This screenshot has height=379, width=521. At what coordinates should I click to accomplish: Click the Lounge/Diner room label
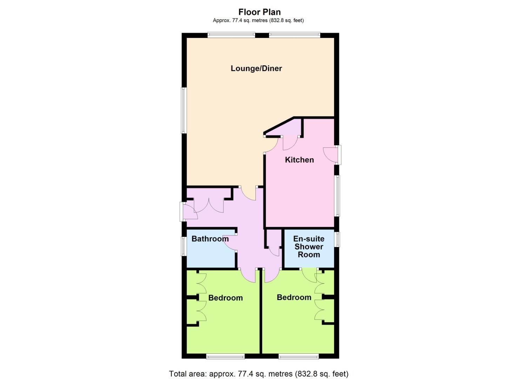coord(256,68)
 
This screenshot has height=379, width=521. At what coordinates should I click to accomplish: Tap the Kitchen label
coord(299,160)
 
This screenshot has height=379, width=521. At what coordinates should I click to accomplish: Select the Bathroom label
coord(210,239)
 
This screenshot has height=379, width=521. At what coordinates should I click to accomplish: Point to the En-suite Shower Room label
coord(309,247)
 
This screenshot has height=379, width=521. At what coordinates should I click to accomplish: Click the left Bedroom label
coord(225,298)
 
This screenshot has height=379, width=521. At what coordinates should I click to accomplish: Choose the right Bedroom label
coord(294,298)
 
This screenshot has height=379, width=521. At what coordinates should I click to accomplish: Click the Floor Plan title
coord(260,12)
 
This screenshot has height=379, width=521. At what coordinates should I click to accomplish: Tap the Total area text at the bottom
coord(259,374)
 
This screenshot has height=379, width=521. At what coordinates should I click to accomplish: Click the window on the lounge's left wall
coord(183,110)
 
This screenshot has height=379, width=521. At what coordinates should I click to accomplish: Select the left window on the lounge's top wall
coord(231,35)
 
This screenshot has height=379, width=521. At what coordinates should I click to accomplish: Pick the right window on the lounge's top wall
coord(294,35)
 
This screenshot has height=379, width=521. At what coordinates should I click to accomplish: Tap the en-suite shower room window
coord(337,239)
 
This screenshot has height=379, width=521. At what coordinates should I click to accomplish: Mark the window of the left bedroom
coord(225,357)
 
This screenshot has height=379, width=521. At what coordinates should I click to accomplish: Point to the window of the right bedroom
coord(299,357)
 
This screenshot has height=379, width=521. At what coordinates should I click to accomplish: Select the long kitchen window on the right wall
coord(337,195)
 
